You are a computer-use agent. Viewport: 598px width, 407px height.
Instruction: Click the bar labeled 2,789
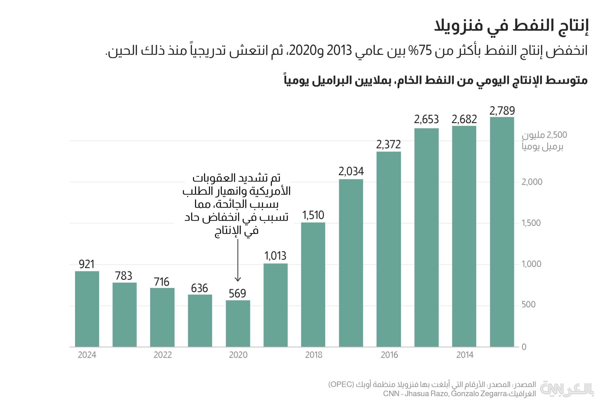(502, 232)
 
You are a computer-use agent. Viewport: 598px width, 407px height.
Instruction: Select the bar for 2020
(238, 323)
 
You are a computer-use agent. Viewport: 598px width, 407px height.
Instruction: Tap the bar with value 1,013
(276, 305)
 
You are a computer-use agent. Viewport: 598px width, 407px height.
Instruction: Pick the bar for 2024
(87, 309)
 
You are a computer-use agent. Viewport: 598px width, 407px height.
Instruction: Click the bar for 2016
(389, 249)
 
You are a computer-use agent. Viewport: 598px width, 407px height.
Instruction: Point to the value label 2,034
(351, 171)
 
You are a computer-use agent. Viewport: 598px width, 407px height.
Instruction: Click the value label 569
(237, 294)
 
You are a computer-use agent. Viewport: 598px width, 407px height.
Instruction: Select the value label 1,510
(313, 215)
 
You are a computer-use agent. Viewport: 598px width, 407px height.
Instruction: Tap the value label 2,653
(426, 119)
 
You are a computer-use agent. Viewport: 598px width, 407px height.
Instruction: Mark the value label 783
(124, 276)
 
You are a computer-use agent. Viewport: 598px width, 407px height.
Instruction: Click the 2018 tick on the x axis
(314, 355)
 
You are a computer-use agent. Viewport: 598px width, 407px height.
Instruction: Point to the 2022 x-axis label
(163, 355)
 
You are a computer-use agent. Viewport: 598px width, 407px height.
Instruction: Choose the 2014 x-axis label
(465, 355)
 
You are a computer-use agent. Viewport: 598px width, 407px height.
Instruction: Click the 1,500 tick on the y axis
(531, 223)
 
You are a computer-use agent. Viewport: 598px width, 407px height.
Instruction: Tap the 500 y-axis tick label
(529, 305)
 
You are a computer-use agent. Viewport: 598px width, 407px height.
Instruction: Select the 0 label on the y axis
(524, 347)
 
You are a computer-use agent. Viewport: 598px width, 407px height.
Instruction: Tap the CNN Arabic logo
(567, 389)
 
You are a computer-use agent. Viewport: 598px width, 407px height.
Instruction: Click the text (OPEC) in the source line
(341, 384)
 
